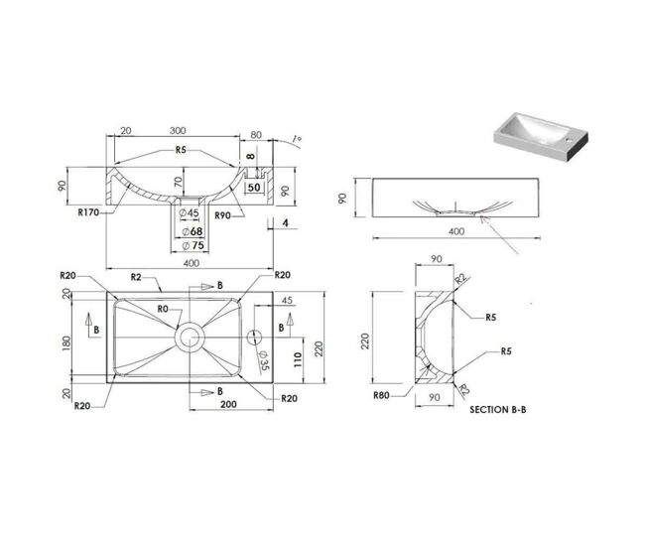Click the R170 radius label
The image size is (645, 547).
click(88, 212)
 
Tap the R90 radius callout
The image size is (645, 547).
click(222, 215)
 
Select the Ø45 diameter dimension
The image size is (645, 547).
click(190, 212)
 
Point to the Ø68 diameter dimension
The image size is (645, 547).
click(193, 231)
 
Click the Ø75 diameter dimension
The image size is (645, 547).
click(193, 245)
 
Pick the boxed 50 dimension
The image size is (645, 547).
click(254, 188)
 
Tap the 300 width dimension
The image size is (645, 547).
click(178, 130)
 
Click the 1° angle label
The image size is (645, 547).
click(296, 139)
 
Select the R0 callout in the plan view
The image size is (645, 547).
click(163, 309)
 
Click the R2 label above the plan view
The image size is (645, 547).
click(136, 277)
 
